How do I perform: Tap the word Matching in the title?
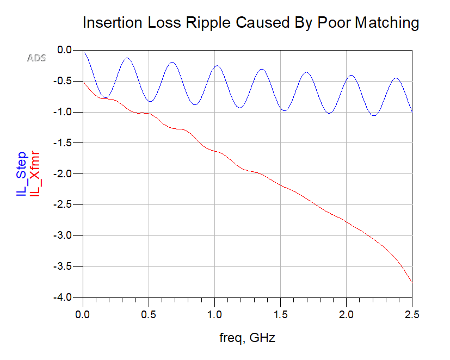tap(387, 23)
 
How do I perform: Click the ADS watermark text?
tap(36, 58)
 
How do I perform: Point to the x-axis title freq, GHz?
tap(247, 338)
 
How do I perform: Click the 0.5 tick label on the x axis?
tap(149, 315)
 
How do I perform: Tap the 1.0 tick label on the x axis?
tap(214, 315)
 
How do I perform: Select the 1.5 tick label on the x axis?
tap(280, 315)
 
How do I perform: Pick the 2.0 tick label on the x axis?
tap(346, 315)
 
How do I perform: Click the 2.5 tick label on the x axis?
tap(412, 315)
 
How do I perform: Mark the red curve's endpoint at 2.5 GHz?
tap(412, 282)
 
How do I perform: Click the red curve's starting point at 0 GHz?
tap(83, 82)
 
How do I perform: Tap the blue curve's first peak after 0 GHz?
tap(127, 58)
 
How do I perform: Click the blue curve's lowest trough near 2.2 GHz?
tap(374, 115)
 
